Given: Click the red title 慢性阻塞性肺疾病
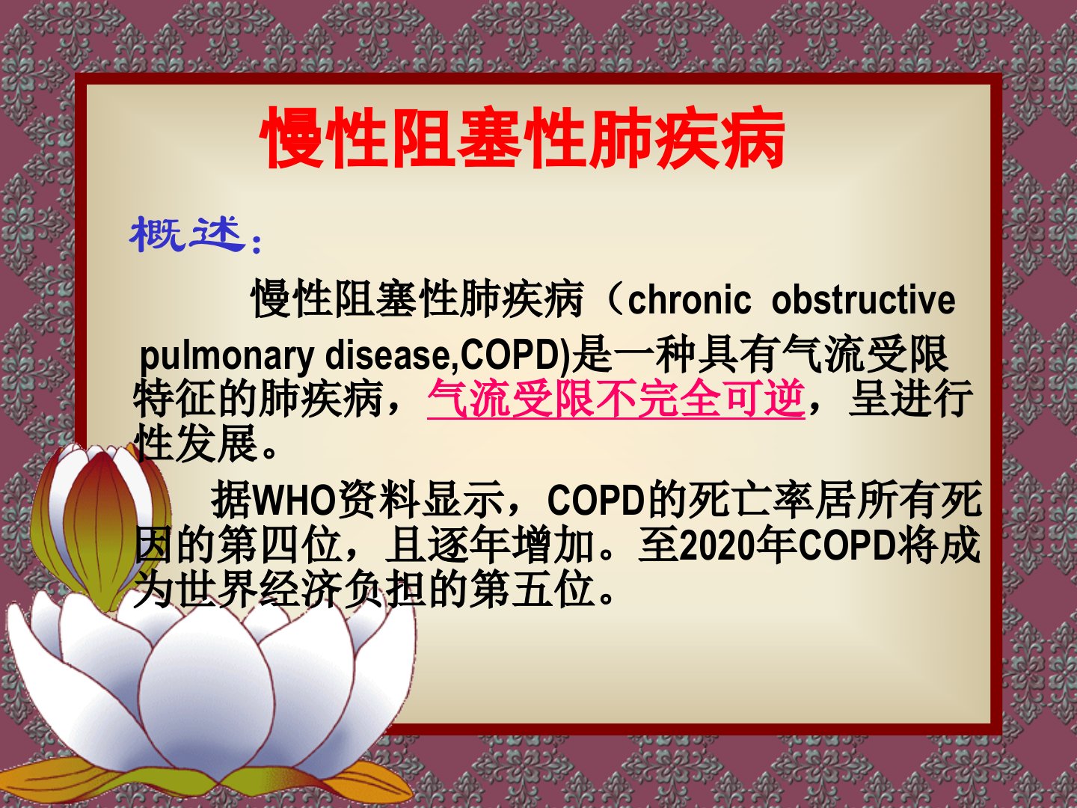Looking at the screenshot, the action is click(x=522, y=138).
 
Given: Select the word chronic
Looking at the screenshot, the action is click(x=689, y=300).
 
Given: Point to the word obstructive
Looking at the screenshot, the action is click(x=864, y=300).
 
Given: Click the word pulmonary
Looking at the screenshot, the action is click(x=227, y=355).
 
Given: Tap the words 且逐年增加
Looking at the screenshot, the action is click(x=491, y=545).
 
